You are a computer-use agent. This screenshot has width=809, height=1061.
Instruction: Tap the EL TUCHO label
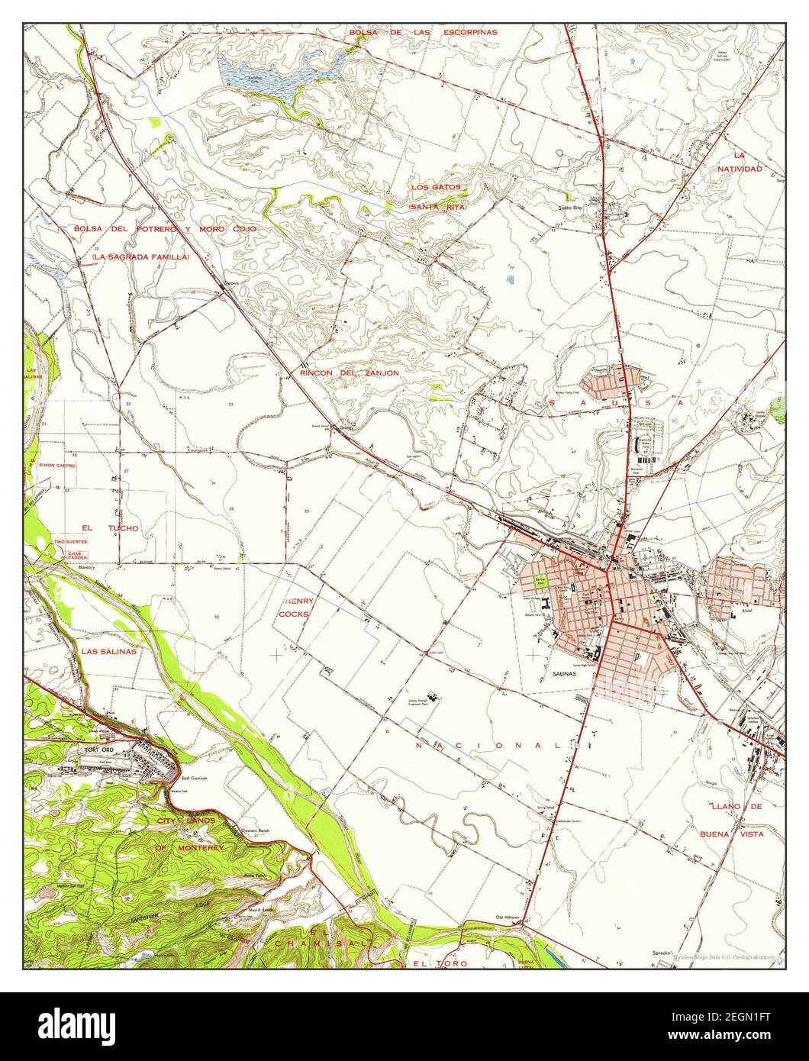tap(111, 527)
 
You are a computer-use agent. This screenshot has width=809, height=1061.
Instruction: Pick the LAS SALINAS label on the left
tap(108, 652)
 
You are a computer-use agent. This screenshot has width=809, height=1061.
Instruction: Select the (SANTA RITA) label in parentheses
tap(437, 207)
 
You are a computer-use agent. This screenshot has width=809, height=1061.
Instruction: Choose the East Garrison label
tap(195, 779)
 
